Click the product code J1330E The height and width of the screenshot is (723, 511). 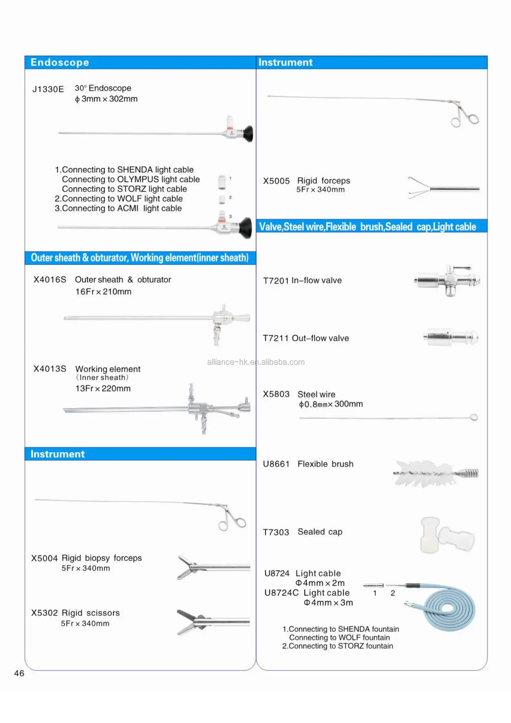(x=48, y=89)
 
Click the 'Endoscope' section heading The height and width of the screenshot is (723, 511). (x=60, y=62)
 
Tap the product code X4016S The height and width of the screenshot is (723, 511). (x=50, y=279)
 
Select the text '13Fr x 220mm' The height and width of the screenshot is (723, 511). (x=103, y=388)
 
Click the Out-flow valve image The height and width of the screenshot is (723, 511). (x=451, y=337)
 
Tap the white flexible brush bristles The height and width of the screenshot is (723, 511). (x=422, y=473)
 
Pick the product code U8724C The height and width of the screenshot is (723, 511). (x=281, y=593)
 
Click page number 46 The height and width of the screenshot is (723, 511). (x=19, y=673)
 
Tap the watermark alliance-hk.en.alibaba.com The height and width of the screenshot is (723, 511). (x=255, y=362)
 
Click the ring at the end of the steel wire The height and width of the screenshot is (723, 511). (x=473, y=417)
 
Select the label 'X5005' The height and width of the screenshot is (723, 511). (x=276, y=181)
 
